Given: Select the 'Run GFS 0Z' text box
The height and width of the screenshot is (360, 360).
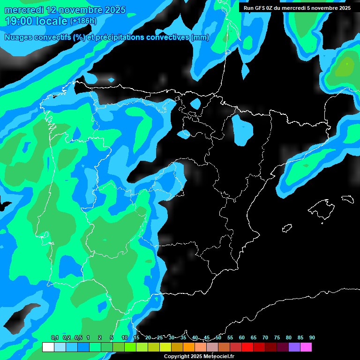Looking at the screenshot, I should pyautogui.click(x=297, y=8).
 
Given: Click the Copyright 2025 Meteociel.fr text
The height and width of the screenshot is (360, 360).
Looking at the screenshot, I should pyautogui.click(x=199, y=356).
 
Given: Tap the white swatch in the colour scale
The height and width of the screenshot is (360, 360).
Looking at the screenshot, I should pyautogui.click(x=48, y=347).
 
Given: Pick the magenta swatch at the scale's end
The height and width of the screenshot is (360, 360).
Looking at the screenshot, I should pyautogui.click(x=306, y=347).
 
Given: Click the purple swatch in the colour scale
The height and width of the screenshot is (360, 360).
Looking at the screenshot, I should pyautogui.click(x=294, y=347).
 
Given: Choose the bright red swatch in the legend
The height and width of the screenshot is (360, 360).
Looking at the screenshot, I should pyautogui.click(x=247, y=347).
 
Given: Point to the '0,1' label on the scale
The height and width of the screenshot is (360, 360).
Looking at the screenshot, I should pyautogui.click(x=55, y=338).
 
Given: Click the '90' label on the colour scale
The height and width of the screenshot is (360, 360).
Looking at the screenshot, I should pyautogui.click(x=312, y=338).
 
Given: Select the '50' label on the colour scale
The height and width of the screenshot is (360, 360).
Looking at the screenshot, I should pyautogui.click(x=218, y=338).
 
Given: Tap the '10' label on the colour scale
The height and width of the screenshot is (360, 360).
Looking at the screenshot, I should pyautogui.click(x=125, y=338).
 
